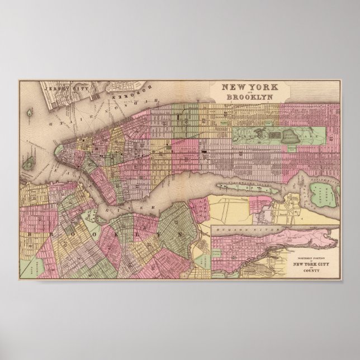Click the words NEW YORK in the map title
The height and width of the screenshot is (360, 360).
[x=245, y=87]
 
